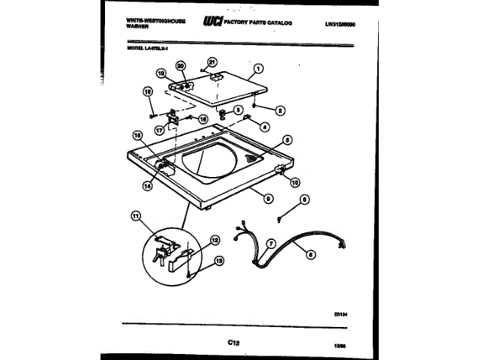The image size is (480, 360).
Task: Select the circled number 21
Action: click(x=211, y=63)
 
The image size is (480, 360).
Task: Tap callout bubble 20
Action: click(x=181, y=67)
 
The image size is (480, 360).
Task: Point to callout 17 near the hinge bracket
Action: click(x=159, y=130)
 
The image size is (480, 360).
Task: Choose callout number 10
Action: click(x=295, y=181)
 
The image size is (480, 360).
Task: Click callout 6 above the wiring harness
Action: click(x=304, y=199)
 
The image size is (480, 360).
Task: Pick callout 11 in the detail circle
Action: click(x=136, y=217)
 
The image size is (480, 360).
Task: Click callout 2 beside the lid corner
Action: click(x=280, y=111)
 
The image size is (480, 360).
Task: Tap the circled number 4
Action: click(x=265, y=127)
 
